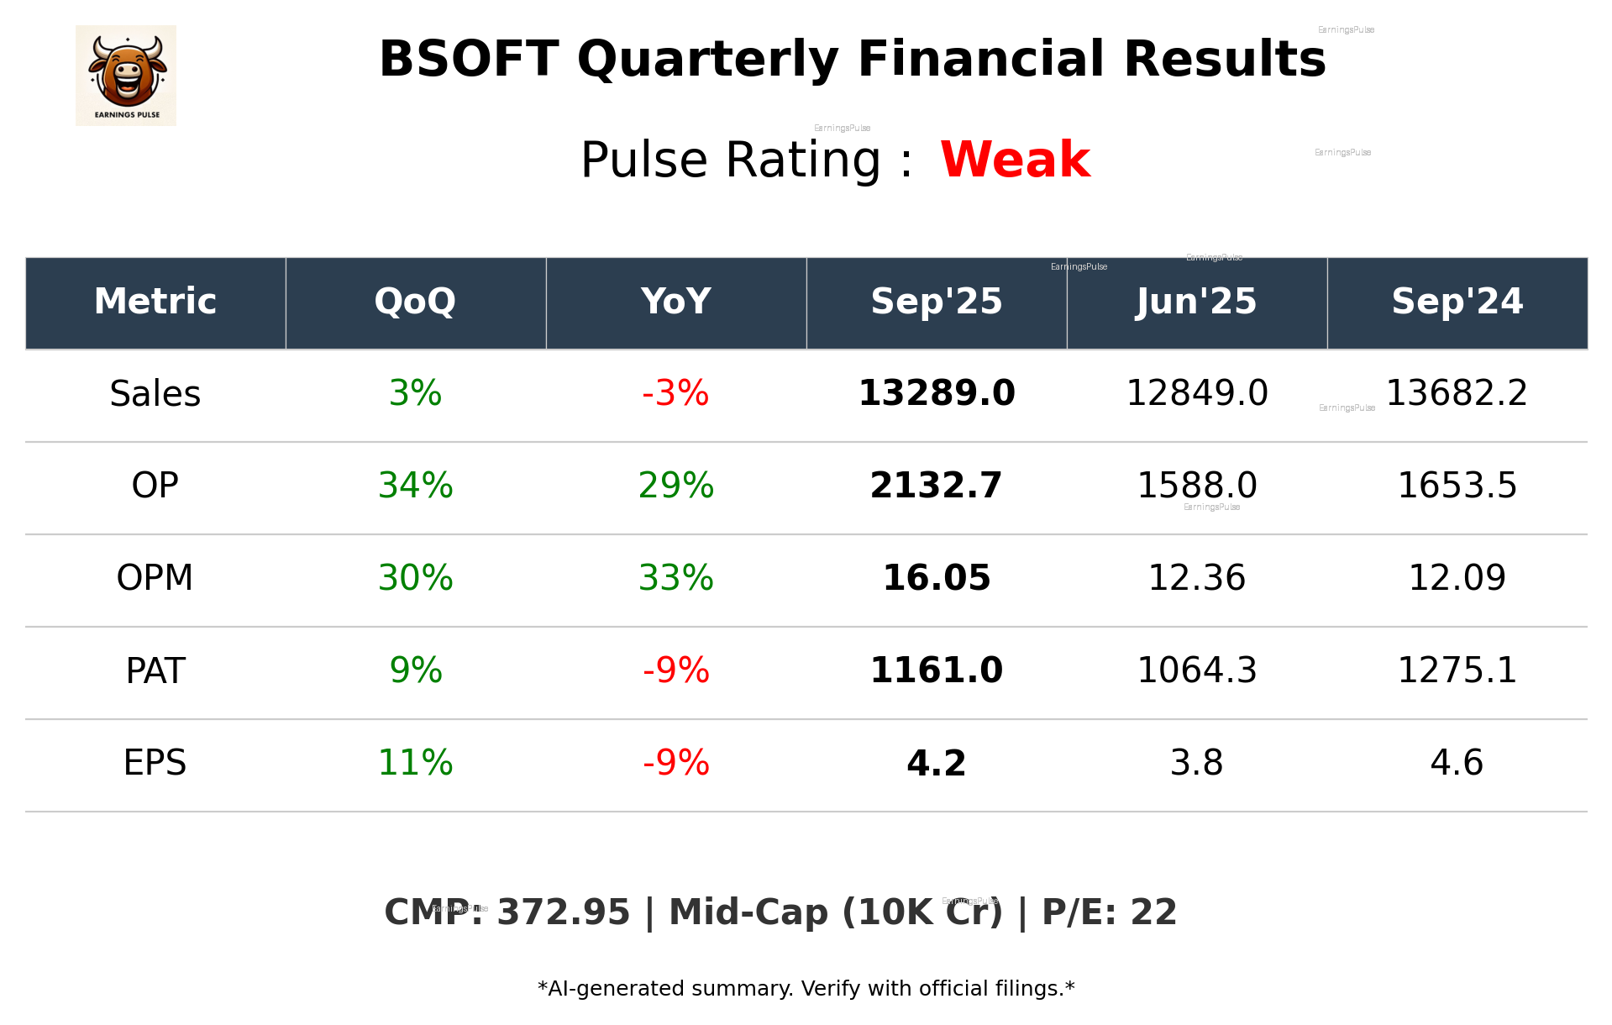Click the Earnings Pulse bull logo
(126, 76)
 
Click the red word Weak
(1015, 160)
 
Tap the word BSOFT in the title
(468, 60)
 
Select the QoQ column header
(415, 302)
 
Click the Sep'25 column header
(936, 302)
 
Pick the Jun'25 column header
(1196, 302)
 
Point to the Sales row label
(155, 394)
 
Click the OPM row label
(155, 578)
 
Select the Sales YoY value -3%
(675, 393)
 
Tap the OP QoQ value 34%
(415, 486)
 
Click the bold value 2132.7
(936, 486)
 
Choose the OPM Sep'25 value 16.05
(936, 578)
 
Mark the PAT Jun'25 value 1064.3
(1196, 670)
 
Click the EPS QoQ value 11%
(415, 763)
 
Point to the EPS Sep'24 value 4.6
(1457, 763)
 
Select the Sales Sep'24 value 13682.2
(1457, 393)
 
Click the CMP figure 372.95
(563, 913)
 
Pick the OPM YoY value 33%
(675, 578)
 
